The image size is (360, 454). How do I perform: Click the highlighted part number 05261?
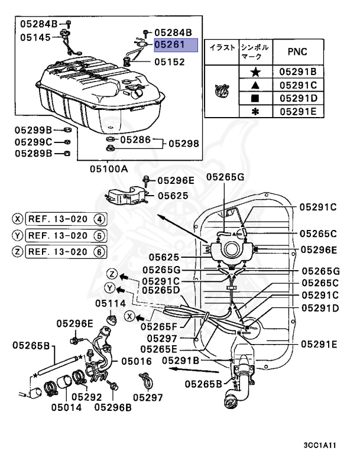170,44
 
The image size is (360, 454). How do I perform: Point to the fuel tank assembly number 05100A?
109,168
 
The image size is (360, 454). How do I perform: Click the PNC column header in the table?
297,51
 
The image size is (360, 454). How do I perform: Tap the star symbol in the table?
255,72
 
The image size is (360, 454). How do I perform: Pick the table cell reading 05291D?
298,98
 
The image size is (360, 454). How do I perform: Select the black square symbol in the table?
255,98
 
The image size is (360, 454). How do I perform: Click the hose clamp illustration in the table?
223,91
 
